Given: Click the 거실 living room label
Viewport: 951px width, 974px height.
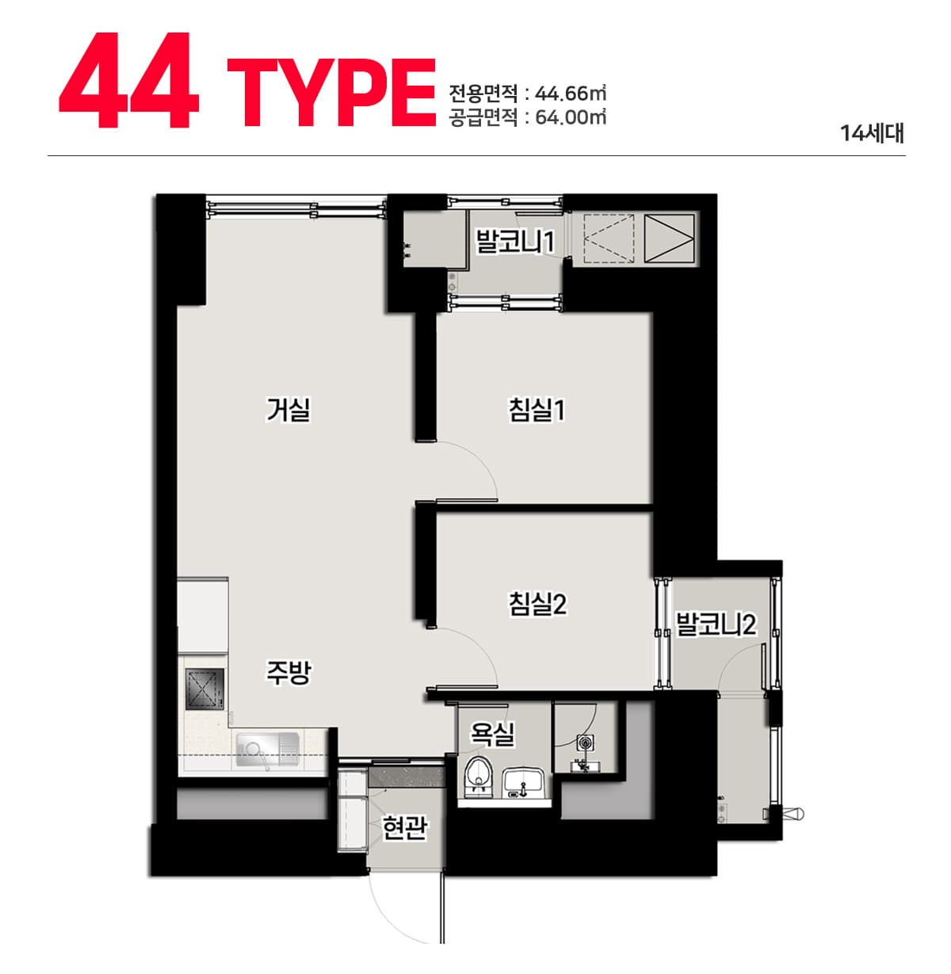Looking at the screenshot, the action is (x=288, y=409).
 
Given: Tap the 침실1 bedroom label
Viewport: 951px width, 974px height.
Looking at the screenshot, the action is (x=537, y=409).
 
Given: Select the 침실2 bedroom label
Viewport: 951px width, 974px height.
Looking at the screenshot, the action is (x=537, y=603).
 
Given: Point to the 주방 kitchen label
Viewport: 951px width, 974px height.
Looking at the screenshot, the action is (x=288, y=672).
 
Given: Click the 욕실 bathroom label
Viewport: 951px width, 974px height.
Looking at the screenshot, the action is (x=491, y=734).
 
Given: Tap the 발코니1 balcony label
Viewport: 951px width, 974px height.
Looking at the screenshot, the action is (x=515, y=241).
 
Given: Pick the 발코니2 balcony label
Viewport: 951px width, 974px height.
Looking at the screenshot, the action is (x=716, y=625).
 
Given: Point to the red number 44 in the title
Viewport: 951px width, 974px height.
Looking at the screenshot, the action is (x=129, y=80).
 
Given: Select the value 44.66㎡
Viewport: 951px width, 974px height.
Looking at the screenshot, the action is (x=571, y=93).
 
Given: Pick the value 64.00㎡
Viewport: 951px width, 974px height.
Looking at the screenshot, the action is (x=571, y=117).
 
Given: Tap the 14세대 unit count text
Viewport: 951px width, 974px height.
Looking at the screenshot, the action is (x=873, y=134).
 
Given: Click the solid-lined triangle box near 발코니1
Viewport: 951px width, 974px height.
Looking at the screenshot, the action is (x=670, y=238).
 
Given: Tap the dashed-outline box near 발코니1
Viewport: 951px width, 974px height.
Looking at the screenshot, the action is (x=608, y=238).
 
